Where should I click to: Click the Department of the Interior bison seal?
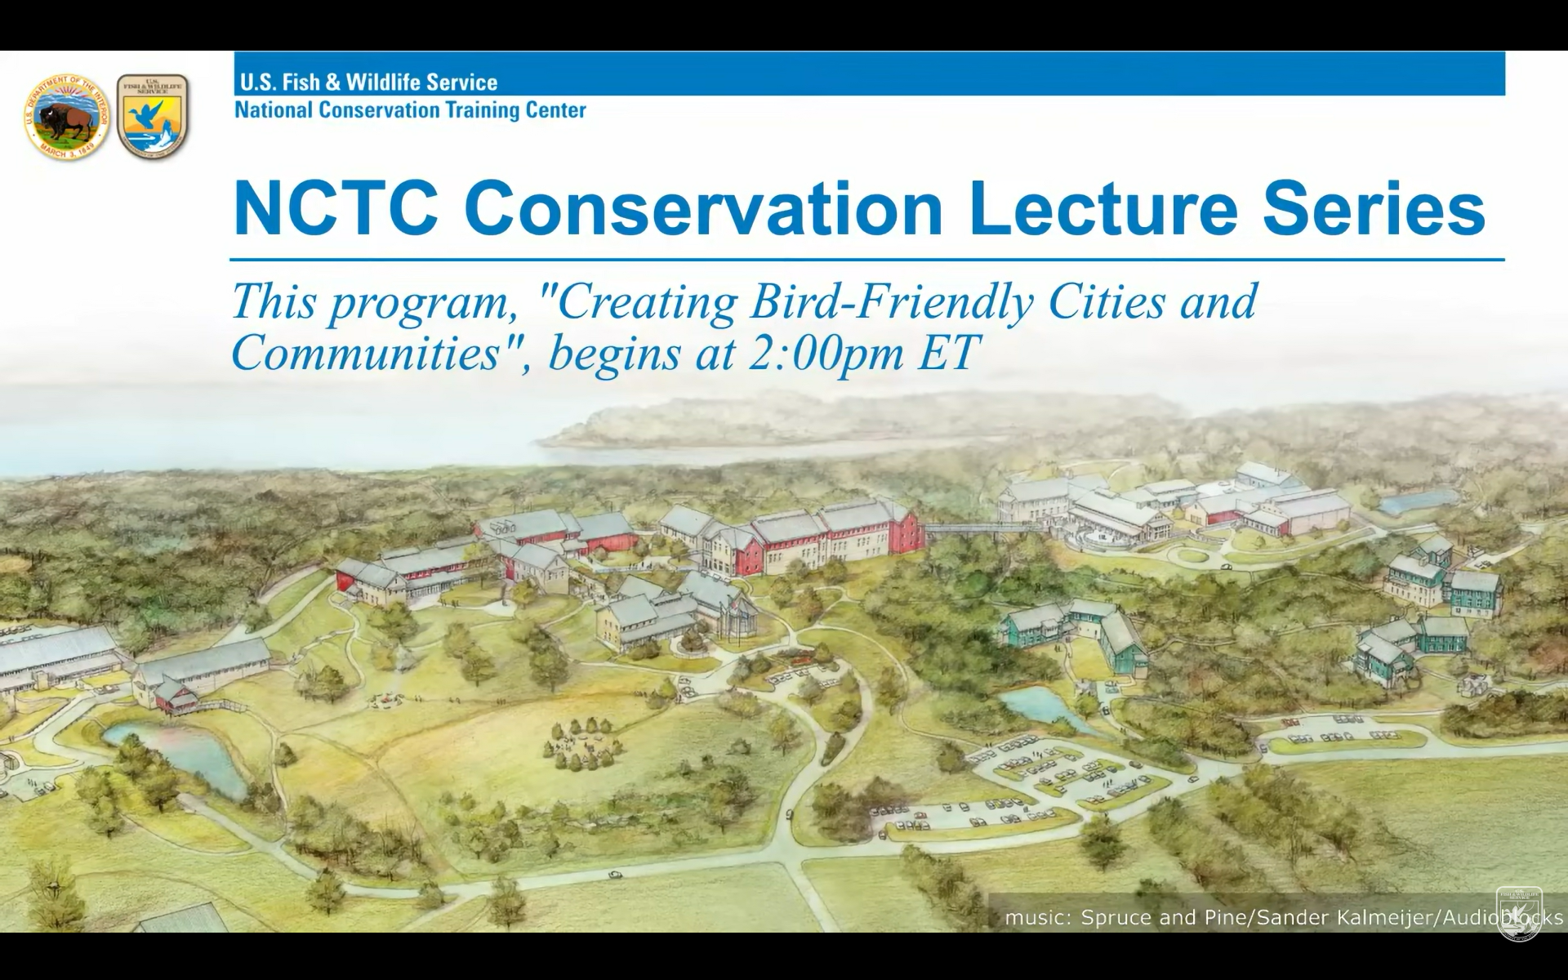coord(67,116)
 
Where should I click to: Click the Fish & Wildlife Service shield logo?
coord(153,116)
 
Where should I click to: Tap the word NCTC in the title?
coord(335,210)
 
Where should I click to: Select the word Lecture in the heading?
coord(1103,210)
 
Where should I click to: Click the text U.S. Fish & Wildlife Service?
coord(368,82)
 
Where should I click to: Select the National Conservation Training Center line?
coord(410,109)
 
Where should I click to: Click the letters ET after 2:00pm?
coord(948,353)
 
